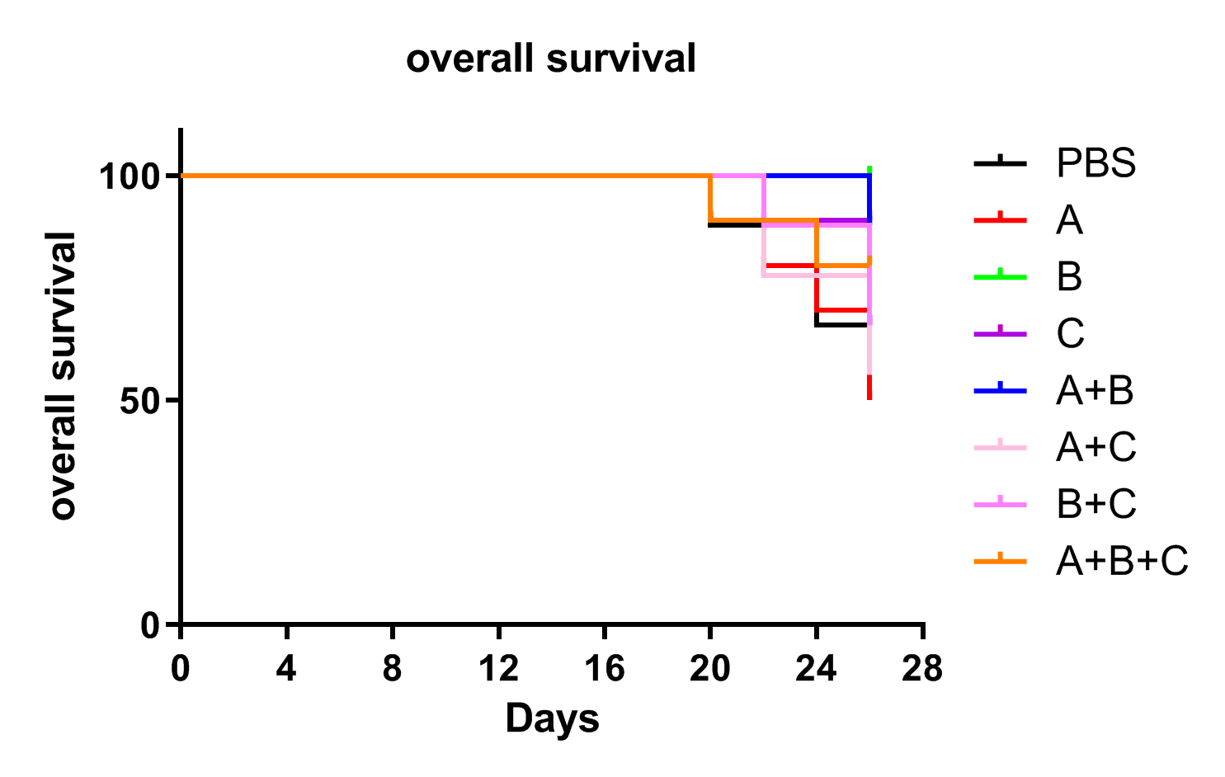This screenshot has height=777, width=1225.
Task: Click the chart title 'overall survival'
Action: tap(551, 59)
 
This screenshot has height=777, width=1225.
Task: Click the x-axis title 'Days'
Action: tap(553, 718)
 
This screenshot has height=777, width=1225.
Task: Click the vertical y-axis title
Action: tap(61, 375)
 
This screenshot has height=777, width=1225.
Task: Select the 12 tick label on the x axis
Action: tap(499, 668)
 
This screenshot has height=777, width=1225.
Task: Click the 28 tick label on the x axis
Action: tap(922, 668)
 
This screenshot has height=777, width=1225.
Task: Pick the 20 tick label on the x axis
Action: tap(710, 668)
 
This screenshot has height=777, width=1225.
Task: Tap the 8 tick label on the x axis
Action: tap(393, 668)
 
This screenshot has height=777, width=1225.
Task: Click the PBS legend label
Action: tap(1096, 163)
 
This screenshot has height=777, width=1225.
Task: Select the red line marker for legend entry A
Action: tap(1001, 219)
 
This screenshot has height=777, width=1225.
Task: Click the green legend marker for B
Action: tap(1001, 276)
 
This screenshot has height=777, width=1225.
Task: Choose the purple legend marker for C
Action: tap(1001, 333)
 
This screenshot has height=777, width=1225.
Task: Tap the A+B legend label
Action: tap(1095, 390)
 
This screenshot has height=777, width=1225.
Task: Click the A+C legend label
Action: tap(1096, 447)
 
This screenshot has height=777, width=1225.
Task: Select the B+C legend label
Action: tap(1096, 504)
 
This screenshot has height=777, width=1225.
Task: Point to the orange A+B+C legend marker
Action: tap(1001, 560)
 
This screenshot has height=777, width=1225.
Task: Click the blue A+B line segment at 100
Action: tap(817, 176)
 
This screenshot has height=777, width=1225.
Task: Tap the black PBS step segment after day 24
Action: tap(842, 325)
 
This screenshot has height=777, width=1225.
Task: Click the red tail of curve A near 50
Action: tap(869, 387)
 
